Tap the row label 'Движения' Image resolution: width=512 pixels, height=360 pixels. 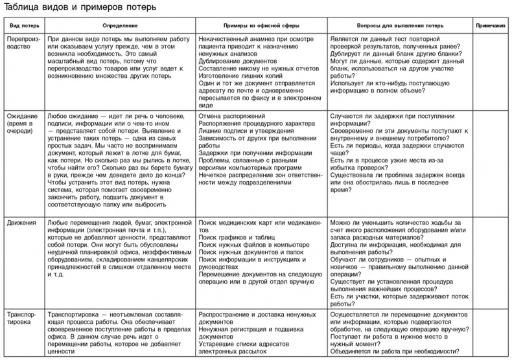point(21,222)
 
